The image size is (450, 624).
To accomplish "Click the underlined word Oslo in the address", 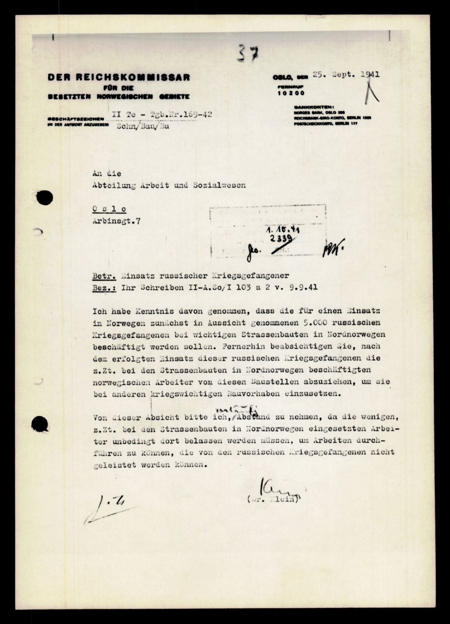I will click(x=109, y=209).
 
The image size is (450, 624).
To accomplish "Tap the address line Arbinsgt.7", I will click(x=116, y=221).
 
